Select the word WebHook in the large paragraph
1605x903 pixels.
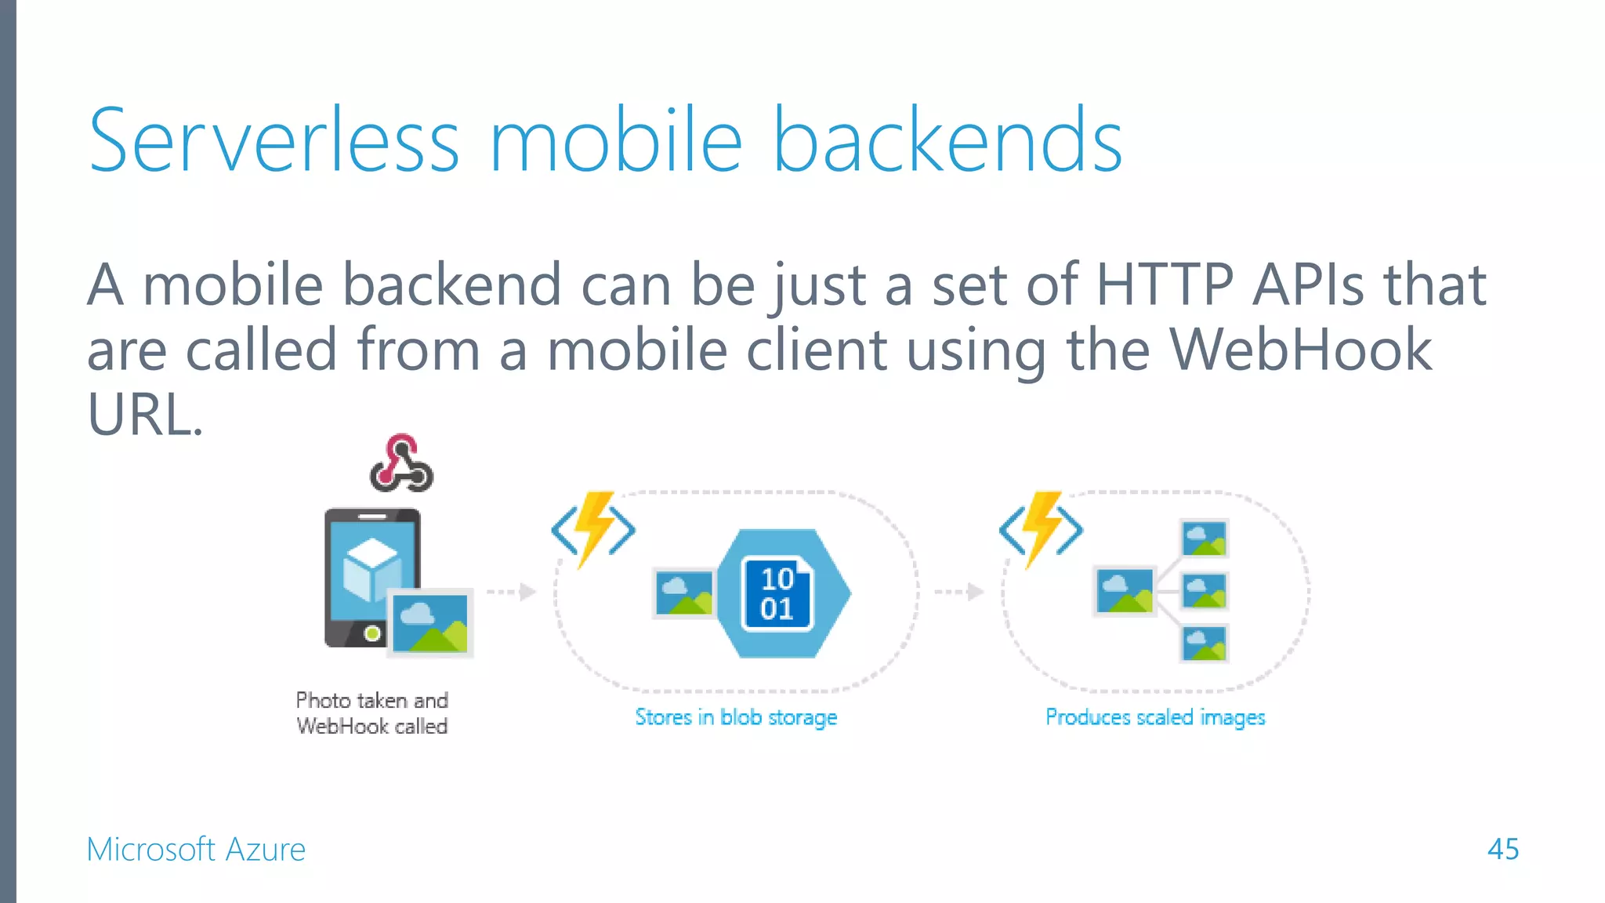[x=1300, y=350]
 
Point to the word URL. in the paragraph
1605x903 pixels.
[x=144, y=415]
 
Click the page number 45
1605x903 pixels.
[x=1502, y=849]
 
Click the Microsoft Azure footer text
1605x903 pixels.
[x=196, y=849]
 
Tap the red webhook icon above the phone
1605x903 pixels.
[x=401, y=463]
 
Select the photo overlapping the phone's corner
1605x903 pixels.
[x=430, y=623]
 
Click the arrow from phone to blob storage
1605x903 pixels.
[x=511, y=591]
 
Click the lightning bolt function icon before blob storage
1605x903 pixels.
[x=594, y=528]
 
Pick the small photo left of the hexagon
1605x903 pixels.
[x=684, y=593]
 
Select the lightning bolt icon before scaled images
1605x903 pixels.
[x=1042, y=528]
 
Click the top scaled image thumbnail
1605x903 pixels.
[x=1204, y=539]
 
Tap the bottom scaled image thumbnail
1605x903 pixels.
[x=1204, y=644]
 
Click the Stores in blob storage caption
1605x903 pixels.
[x=736, y=717]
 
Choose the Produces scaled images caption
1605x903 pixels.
[x=1155, y=717]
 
